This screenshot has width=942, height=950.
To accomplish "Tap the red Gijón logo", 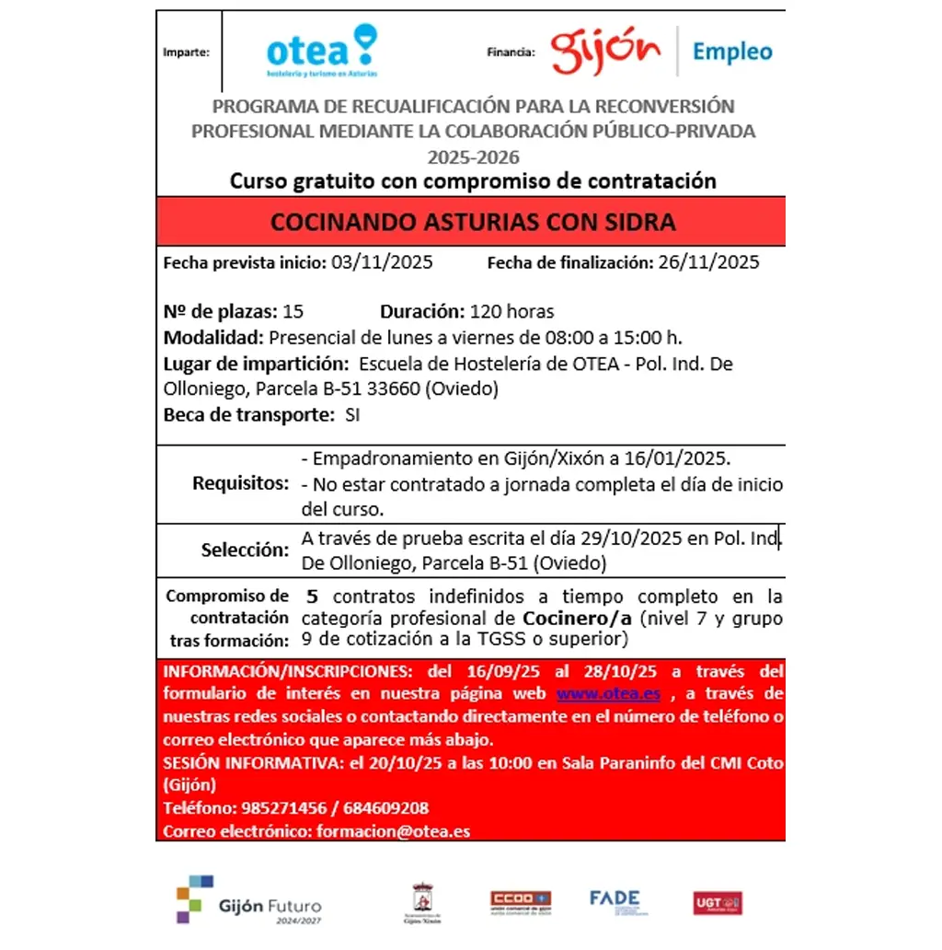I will click(606, 52).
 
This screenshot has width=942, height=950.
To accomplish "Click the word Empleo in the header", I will click(732, 52).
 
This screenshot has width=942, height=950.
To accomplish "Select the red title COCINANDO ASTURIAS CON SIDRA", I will click(473, 222).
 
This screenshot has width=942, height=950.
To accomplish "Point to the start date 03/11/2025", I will click(381, 262).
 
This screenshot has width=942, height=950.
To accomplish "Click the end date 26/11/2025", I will click(708, 262).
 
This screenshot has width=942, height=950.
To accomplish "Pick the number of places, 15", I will click(293, 311).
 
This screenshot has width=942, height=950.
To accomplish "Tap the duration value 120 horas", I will click(511, 311).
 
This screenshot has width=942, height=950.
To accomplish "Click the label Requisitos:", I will click(240, 483).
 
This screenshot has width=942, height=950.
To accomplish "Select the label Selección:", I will click(245, 550).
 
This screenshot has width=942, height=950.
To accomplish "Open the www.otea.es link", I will click(608, 693).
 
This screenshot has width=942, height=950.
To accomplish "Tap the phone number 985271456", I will click(284, 808).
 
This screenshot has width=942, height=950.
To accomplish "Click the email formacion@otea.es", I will click(393, 831).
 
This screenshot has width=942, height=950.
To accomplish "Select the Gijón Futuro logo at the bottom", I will click(249, 900).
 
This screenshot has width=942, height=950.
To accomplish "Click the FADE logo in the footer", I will click(615, 901).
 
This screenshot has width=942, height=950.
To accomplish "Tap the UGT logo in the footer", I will click(718, 902).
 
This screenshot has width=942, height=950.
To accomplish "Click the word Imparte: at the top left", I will click(186, 52).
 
